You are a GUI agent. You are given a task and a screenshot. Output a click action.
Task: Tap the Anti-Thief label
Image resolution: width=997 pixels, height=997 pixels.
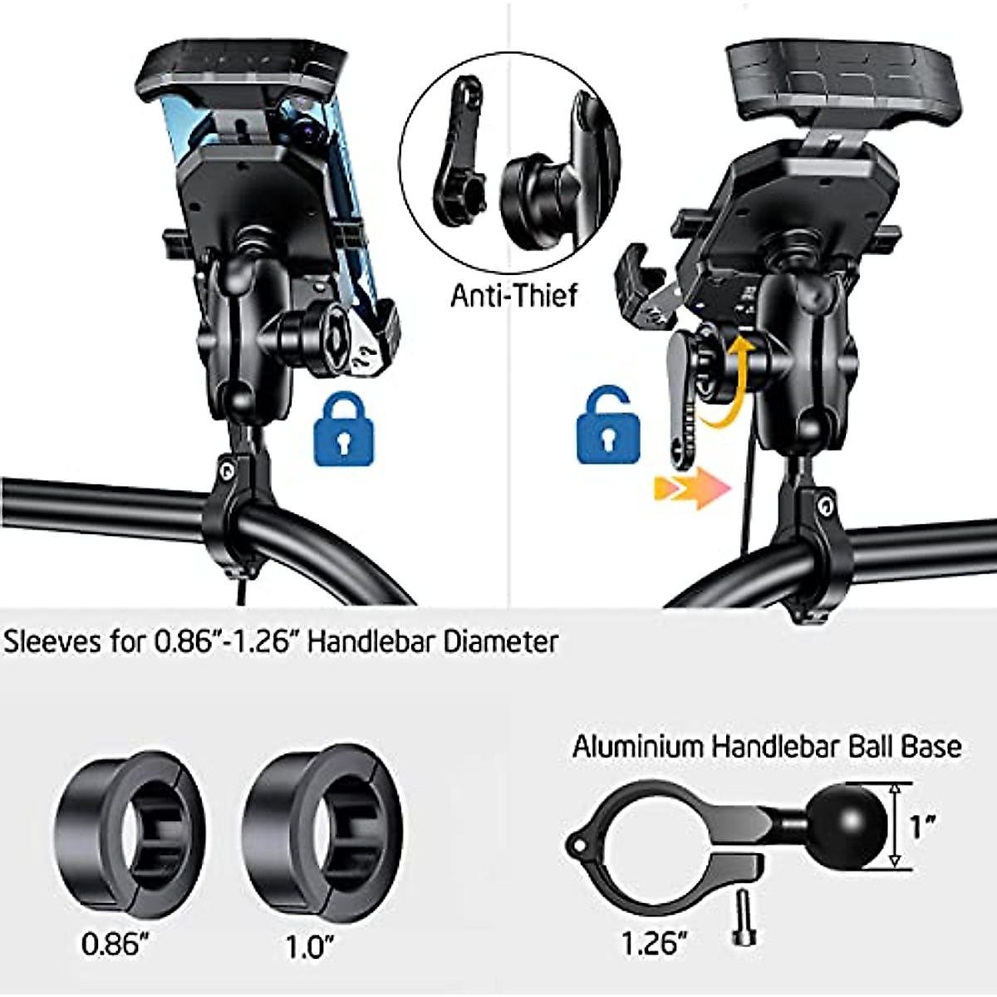pos(513,295)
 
